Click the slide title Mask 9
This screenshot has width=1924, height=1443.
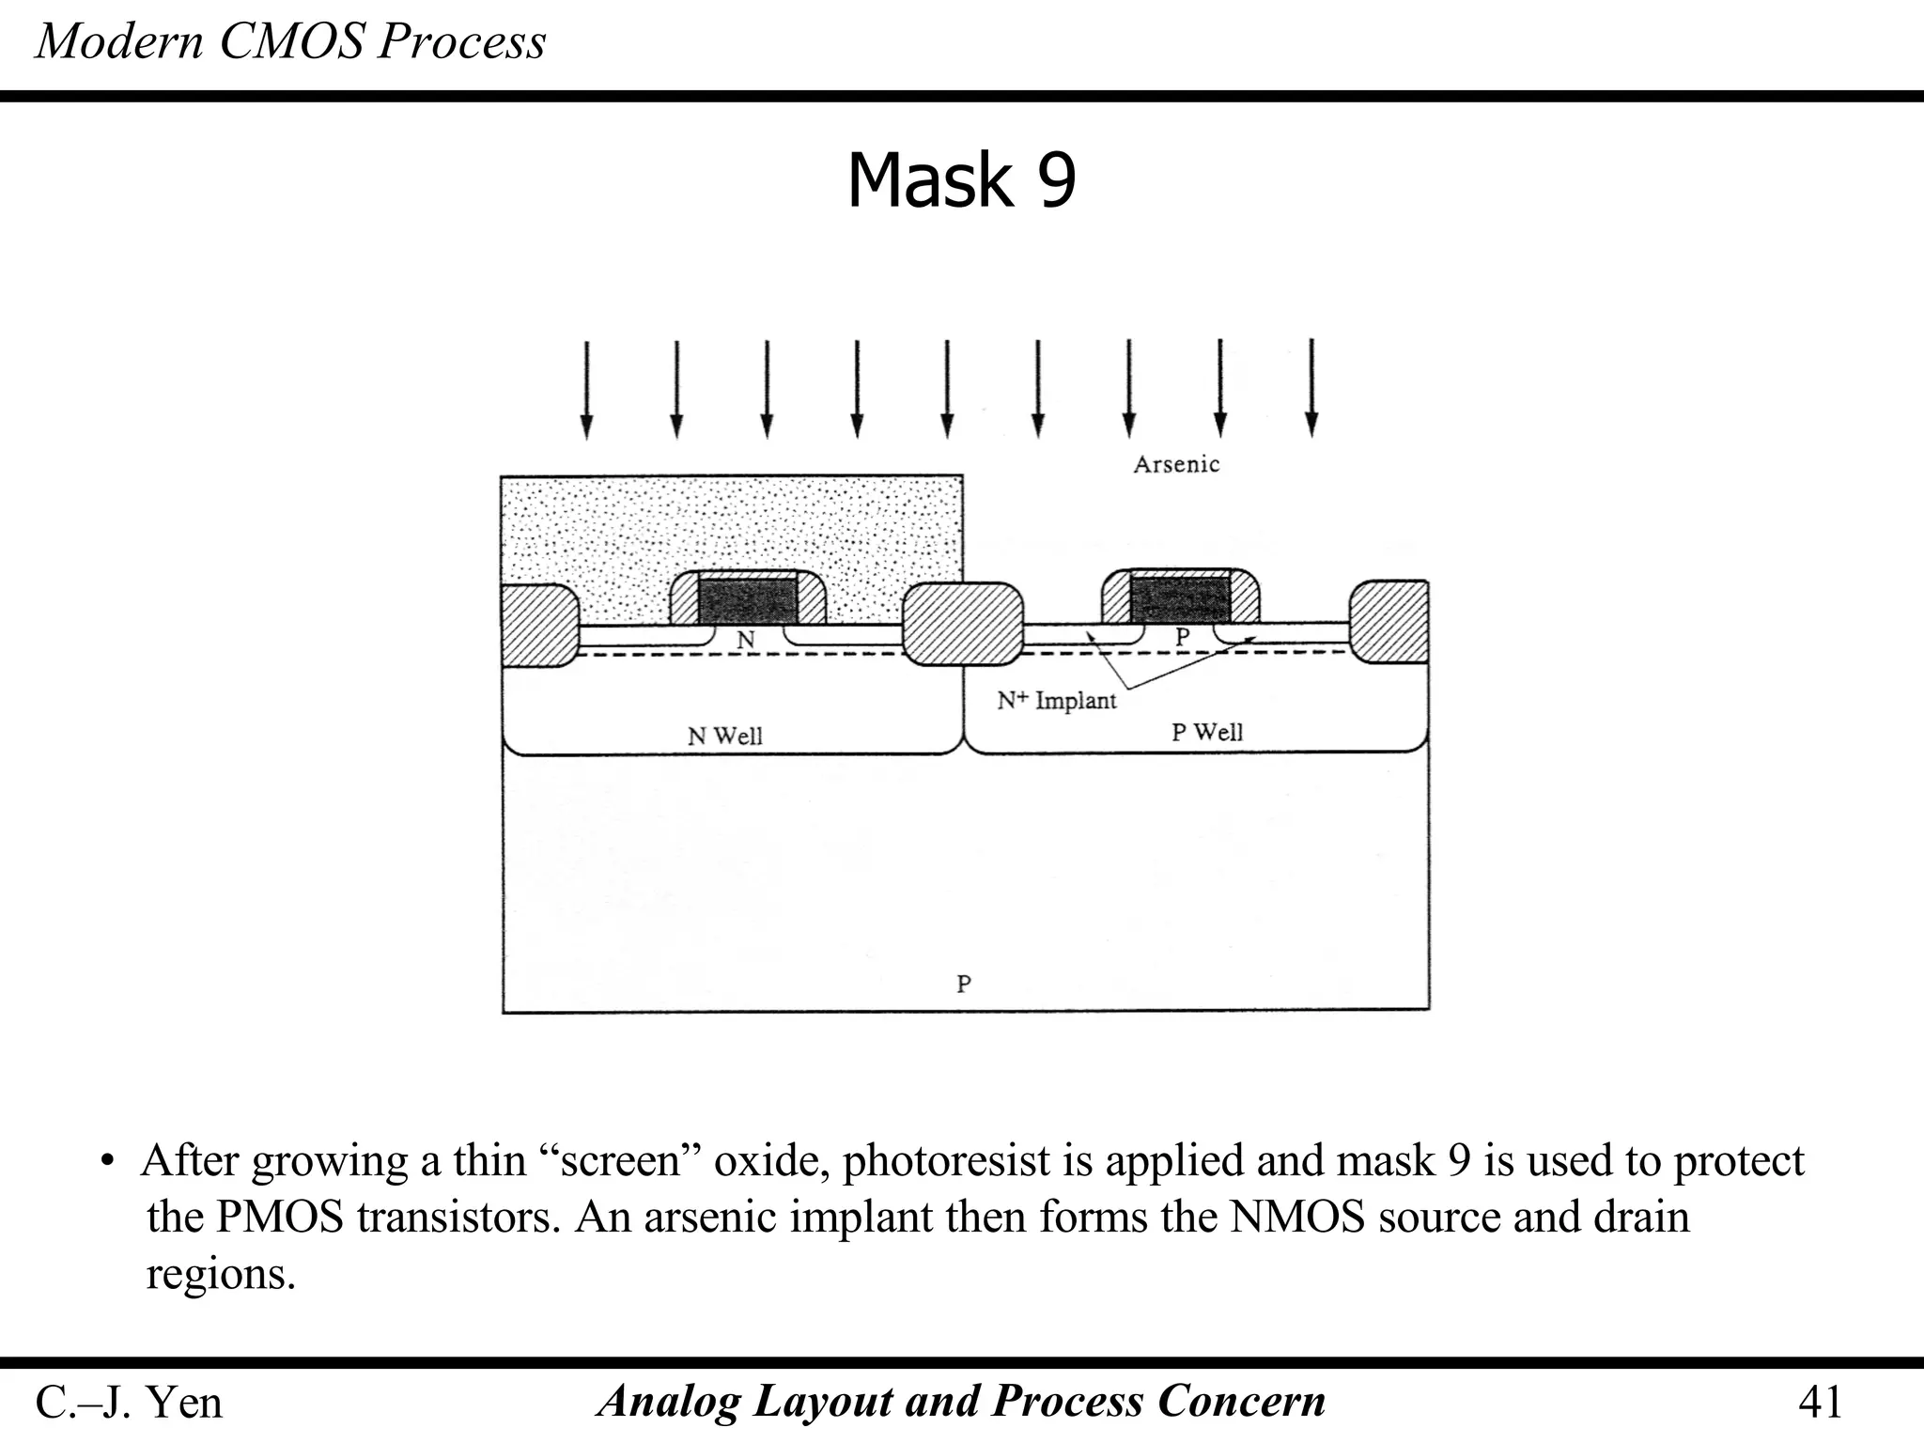961,180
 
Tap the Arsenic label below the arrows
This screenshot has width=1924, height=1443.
1175,464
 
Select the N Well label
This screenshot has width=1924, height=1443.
724,736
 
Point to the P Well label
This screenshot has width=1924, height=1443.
1206,732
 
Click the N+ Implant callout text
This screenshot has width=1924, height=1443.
1056,700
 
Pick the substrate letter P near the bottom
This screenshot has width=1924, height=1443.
963,984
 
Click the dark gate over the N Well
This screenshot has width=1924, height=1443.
748,600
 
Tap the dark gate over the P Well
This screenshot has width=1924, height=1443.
1179,598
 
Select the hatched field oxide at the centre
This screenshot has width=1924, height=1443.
963,623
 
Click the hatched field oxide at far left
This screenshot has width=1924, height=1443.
537,625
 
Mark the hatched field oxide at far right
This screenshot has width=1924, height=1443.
1389,621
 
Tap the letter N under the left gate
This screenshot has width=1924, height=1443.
745,640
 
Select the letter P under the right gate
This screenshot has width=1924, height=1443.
1182,636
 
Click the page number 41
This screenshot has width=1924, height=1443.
1820,1402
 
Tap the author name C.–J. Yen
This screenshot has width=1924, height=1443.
129,1402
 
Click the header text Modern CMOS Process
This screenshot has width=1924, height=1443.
290,42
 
